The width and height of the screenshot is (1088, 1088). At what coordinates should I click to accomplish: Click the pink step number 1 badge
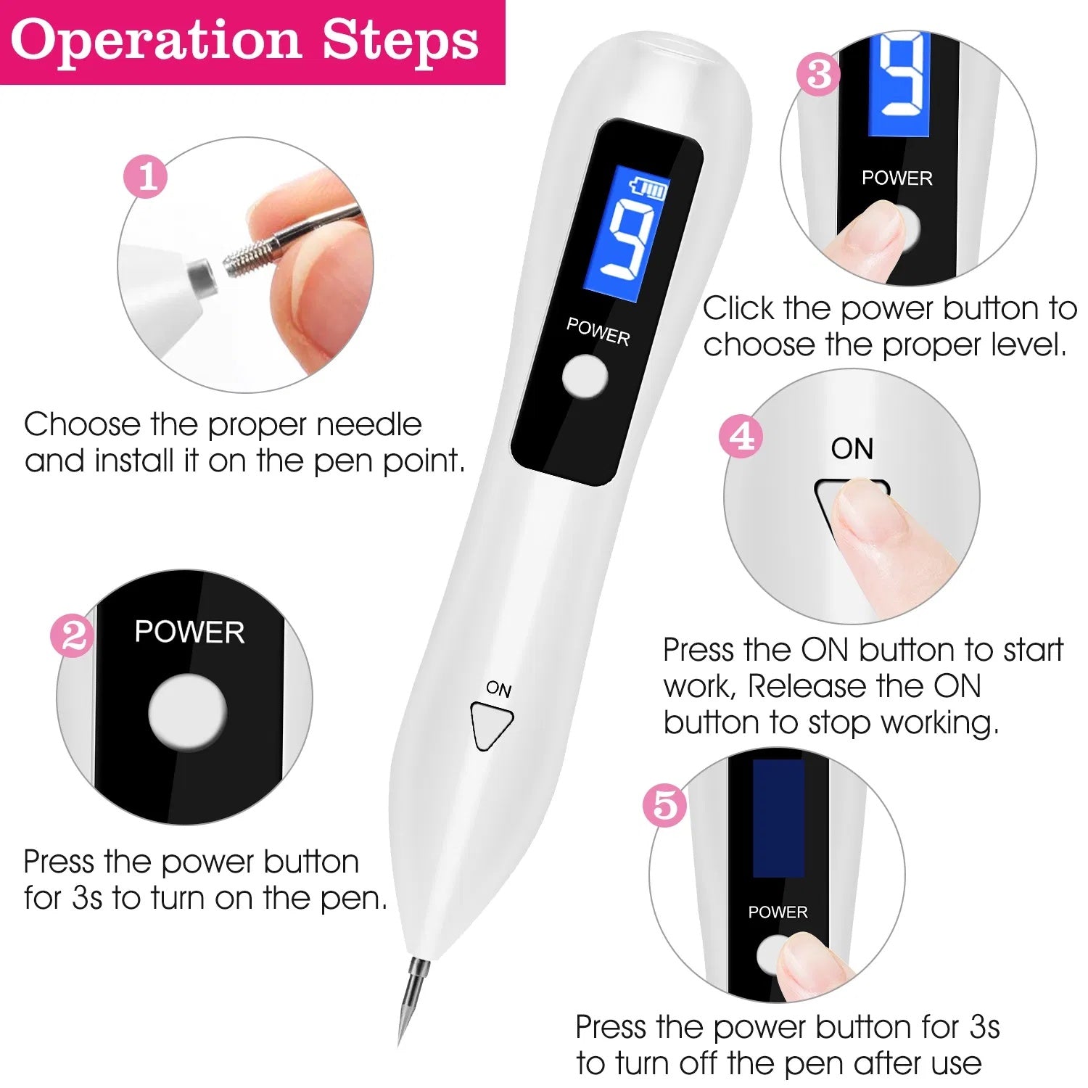coord(146,176)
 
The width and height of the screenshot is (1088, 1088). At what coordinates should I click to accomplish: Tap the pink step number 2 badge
coord(73,636)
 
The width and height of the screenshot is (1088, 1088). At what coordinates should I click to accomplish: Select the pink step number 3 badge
coord(818,74)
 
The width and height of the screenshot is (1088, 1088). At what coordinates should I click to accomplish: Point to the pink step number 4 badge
coord(741,437)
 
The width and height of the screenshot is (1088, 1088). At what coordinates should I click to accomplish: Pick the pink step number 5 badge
coord(664,805)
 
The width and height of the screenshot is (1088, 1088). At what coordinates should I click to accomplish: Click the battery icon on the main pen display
coord(649,188)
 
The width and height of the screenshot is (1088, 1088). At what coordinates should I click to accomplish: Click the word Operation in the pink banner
coord(155,41)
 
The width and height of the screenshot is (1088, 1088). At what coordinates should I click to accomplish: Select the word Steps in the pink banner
coord(400,41)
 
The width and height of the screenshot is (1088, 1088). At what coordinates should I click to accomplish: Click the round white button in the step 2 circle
coord(187,712)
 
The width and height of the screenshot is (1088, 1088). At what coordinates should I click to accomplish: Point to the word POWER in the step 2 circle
coord(189,632)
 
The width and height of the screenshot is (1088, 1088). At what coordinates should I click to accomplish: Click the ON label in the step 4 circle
coord(852,449)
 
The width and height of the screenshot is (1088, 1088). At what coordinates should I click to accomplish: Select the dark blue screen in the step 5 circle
coord(778,818)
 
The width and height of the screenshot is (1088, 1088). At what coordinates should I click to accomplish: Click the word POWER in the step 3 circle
coord(897,178)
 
